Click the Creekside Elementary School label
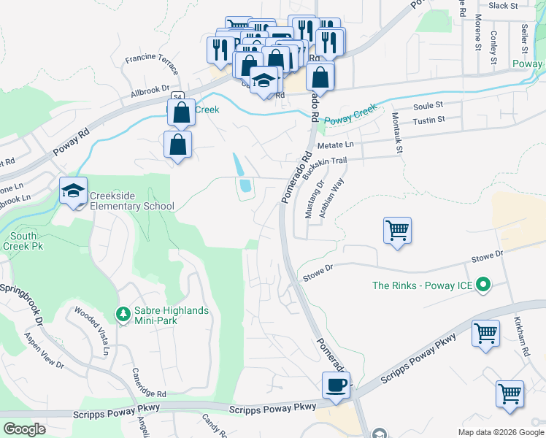(x=132, y=201)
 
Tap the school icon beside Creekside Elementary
(x=73, y=191)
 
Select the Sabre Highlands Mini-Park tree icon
(x=124, y=315)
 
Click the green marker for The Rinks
(x=482, y=285)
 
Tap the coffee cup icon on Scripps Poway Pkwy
(x=337, y=385)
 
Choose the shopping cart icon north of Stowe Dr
(x=398, y=231)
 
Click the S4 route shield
(x=177, y=96)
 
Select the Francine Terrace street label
(x=153, y=64)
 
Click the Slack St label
(x=503, y=5)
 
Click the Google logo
(x=24, y=429)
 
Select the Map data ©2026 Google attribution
(x=501, y=432)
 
